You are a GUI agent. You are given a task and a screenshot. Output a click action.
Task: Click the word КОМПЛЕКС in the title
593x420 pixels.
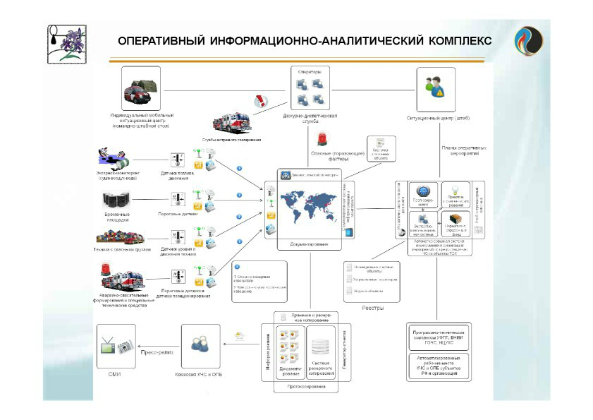(x=453, y=40)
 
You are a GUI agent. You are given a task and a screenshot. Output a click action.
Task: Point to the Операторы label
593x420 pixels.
(x=309, y=72)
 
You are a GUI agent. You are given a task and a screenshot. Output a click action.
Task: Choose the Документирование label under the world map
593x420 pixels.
(x=309, y=244)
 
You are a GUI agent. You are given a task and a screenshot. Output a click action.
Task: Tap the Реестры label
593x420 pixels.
(x=372, y=308)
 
